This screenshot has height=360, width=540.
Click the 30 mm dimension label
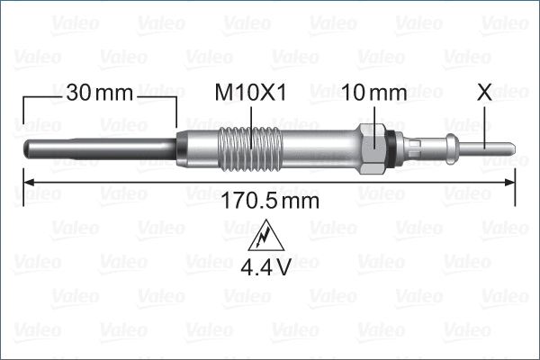click(x=99, y=92)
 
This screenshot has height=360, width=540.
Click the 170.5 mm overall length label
click(x=270, y=201)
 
